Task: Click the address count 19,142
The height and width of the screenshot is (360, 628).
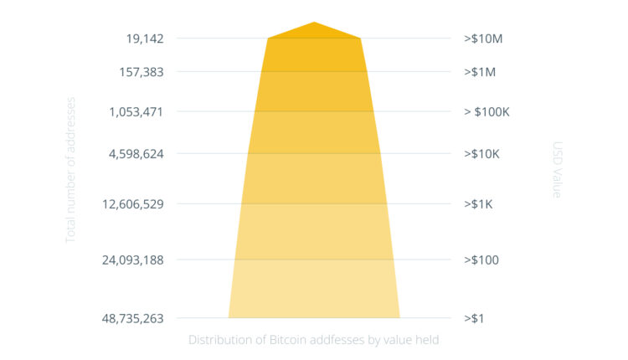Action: [x=145, y=39]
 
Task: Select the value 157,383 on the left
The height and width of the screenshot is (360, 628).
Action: [x=141, y=72]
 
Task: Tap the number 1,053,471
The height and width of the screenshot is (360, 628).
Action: [x=136, y=111]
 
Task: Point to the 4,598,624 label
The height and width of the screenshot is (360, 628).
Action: [x=136, y=154]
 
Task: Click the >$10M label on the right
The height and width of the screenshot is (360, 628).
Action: [x=482, y=39]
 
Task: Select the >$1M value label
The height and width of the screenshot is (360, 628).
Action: [x=480, y=72]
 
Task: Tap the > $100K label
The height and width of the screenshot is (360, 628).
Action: [x=486, y=111]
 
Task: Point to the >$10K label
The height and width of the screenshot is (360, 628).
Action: [x=482, y=154]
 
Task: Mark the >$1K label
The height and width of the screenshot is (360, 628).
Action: [x=480, y=204]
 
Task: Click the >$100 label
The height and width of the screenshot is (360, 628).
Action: [x=481, y=260]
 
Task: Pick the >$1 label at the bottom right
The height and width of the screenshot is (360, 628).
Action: [x=475, y=318]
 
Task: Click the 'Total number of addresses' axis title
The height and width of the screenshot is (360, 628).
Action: [x=71, y=170]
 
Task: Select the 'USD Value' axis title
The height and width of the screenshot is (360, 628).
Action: [x=558, y=170]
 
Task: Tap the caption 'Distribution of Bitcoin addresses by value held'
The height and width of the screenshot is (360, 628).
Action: [x=313, y=340]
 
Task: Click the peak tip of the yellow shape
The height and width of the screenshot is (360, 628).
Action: [x=314, y=23]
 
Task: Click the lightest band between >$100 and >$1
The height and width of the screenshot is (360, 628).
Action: [x=314, y=289]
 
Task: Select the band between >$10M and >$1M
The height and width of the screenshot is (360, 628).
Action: [x=314, y=55]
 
